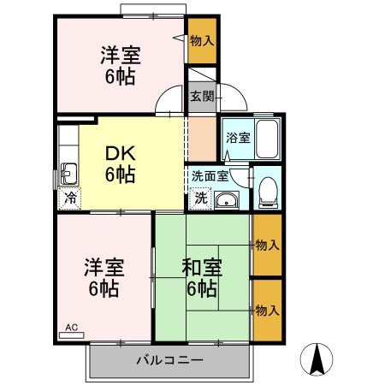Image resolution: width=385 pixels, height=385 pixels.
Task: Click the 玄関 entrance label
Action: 202,96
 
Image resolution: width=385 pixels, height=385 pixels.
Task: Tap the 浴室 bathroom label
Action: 237,138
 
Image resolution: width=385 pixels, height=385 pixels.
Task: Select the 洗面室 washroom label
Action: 209,176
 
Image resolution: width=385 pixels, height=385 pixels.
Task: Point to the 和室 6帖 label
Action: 202,275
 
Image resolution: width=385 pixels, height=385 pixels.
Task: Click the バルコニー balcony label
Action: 169,359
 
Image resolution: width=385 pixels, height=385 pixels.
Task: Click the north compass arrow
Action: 318,358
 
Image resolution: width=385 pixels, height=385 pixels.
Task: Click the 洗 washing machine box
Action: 199,198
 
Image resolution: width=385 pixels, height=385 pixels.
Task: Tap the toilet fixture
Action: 269,190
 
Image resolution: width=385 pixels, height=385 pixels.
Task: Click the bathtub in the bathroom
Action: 267,136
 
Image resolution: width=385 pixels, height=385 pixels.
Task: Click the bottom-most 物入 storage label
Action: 267,310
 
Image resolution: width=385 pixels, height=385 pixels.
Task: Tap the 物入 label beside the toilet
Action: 267,246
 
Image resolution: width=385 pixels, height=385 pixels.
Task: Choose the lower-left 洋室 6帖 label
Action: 103,275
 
